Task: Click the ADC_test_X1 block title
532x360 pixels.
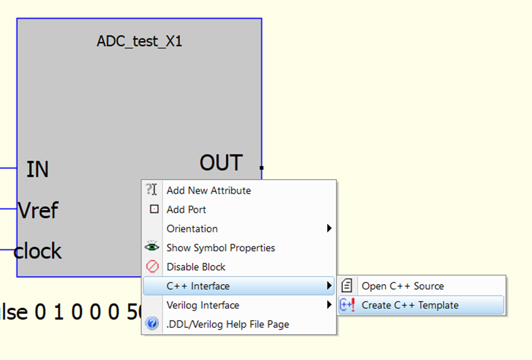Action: click(139, 42)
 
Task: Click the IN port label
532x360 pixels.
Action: click(37, 170)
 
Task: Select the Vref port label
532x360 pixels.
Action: click(38, 210)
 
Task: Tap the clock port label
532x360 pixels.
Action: click(38, 251)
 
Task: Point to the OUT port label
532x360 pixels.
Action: click(221, 163)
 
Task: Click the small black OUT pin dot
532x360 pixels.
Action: click(262, 168)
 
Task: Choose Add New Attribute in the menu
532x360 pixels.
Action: click(208, 190)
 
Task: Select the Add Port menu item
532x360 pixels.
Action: click(186, 210)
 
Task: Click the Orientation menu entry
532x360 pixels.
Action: click(192, 228)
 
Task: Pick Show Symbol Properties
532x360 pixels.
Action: click(220, 248)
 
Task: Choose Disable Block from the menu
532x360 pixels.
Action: click(196, 267)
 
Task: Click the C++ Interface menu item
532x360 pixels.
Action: click(198, 286)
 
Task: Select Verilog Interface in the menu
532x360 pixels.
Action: click(203, 305)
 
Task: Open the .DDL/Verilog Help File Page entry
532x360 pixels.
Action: click(227, 324)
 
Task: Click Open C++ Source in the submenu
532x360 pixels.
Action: click(402, 286)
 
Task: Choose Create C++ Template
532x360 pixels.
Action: click(410, 305)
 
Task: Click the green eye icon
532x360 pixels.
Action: click(152, 247)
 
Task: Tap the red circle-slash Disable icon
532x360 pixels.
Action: click(152, 267)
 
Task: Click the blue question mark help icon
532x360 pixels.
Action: click(152, 324)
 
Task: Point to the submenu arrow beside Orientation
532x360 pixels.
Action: click(329, 228)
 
